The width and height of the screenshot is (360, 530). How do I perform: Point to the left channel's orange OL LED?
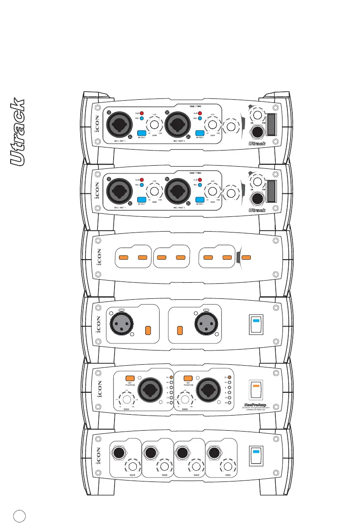(x=172, y=378)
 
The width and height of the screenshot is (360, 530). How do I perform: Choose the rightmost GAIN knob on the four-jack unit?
(x=228, y=466)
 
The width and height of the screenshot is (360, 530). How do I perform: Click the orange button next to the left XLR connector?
(x=149, y=330)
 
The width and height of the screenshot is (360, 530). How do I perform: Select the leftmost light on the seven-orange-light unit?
(x=124, y=257)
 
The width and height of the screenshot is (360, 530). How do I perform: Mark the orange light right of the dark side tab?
(x=246, y=257)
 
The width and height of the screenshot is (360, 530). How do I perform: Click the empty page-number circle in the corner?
(x=20, y=517)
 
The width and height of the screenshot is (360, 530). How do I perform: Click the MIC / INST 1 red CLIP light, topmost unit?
(x=143, y=113)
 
